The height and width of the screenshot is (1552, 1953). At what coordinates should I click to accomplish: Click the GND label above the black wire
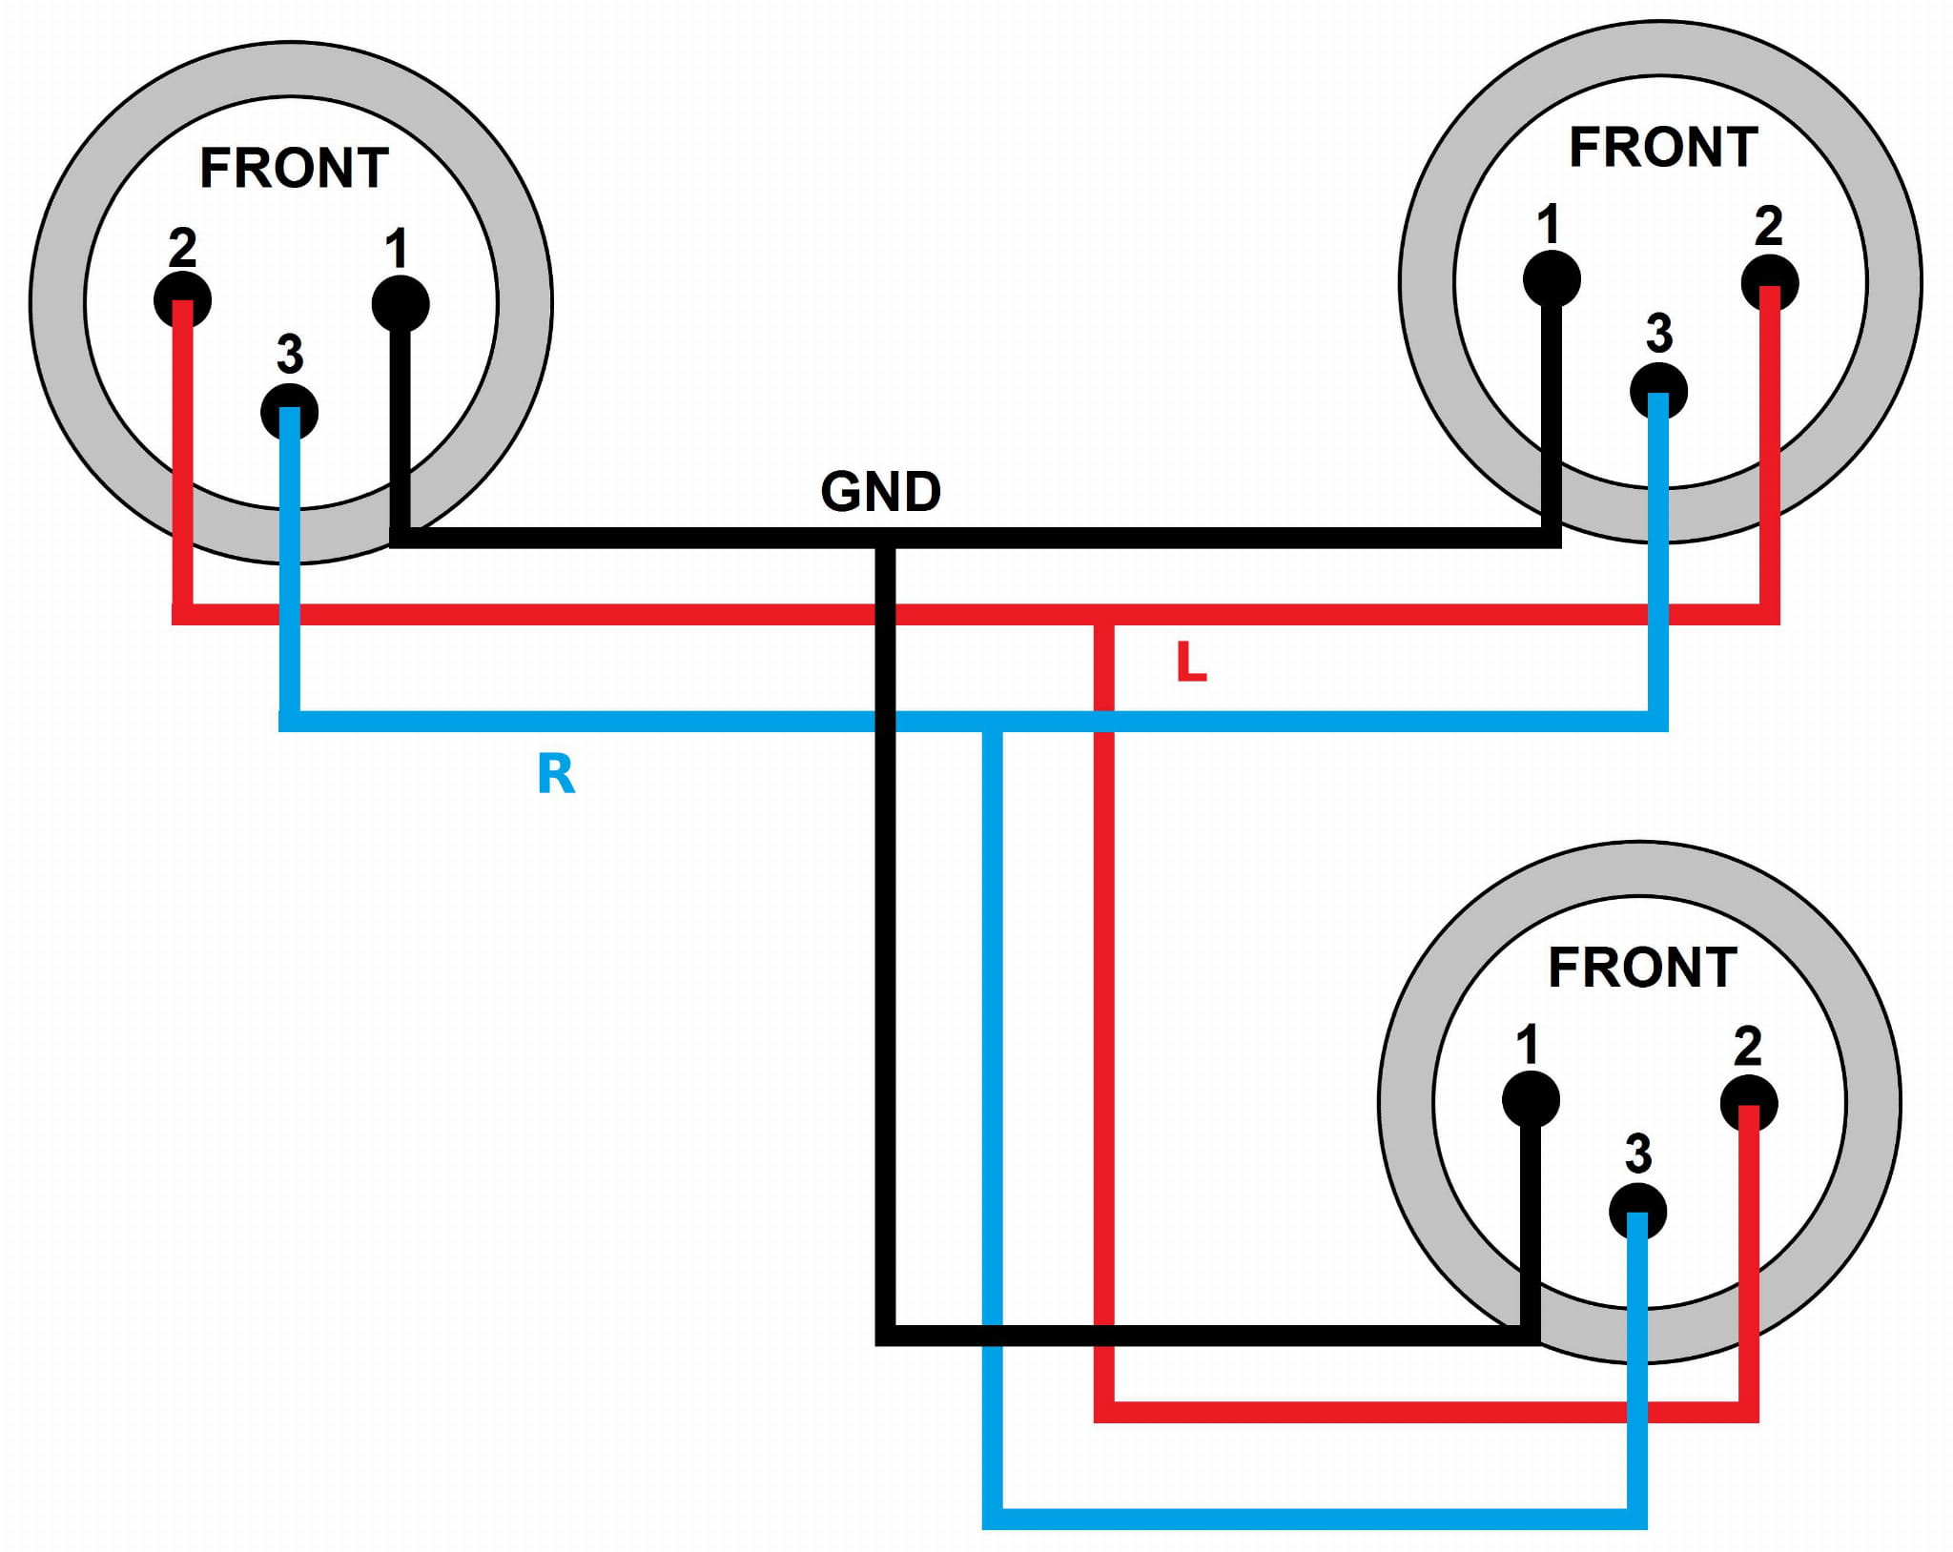click(x=880, y=492)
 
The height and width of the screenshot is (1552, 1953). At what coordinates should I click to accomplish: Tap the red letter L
click(x=1191, y=662)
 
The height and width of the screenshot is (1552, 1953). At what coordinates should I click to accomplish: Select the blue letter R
click(x=556, y=773)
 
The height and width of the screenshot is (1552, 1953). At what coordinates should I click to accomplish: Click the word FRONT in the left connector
click(x=294, y=169)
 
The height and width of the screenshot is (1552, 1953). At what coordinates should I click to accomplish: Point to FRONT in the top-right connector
click(x=1663, y=148)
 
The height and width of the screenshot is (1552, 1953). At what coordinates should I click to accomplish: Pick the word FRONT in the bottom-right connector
click(x=1642, y=968)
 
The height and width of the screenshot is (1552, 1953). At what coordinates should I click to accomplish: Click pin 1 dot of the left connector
click(x=401, y=303)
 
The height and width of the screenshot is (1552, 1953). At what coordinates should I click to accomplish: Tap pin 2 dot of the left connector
click(x=182, y=299)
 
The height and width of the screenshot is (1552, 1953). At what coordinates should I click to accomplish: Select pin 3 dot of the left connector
click(x=289, y=412)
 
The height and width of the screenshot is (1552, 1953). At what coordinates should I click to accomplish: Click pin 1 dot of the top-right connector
click(x=1552, y=278)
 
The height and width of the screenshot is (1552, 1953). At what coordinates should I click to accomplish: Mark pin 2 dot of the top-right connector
click(x=1770, y=283)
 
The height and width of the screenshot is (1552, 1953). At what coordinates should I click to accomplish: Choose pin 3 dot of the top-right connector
click(x=1658, y=391)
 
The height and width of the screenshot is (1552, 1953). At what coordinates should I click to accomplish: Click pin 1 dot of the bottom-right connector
click(x=1531, y=1099)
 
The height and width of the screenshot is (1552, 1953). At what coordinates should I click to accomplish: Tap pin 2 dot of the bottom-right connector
click(x=1749, y=1104)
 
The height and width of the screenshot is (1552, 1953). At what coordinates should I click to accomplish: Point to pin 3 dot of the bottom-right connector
click(x=1637, y=1212)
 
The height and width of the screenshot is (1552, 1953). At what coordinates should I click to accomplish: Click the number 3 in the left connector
click(x=290, y=354)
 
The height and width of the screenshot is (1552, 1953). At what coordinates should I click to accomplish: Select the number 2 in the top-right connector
click(x=1769, y=227)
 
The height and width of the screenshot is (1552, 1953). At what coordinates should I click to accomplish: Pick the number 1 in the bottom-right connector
click(x=1528, y=1045)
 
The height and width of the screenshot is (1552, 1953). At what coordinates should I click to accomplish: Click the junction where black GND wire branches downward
click(x=885, y=538)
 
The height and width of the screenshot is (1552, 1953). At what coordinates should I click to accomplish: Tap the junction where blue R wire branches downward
click(x=993, y=722)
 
